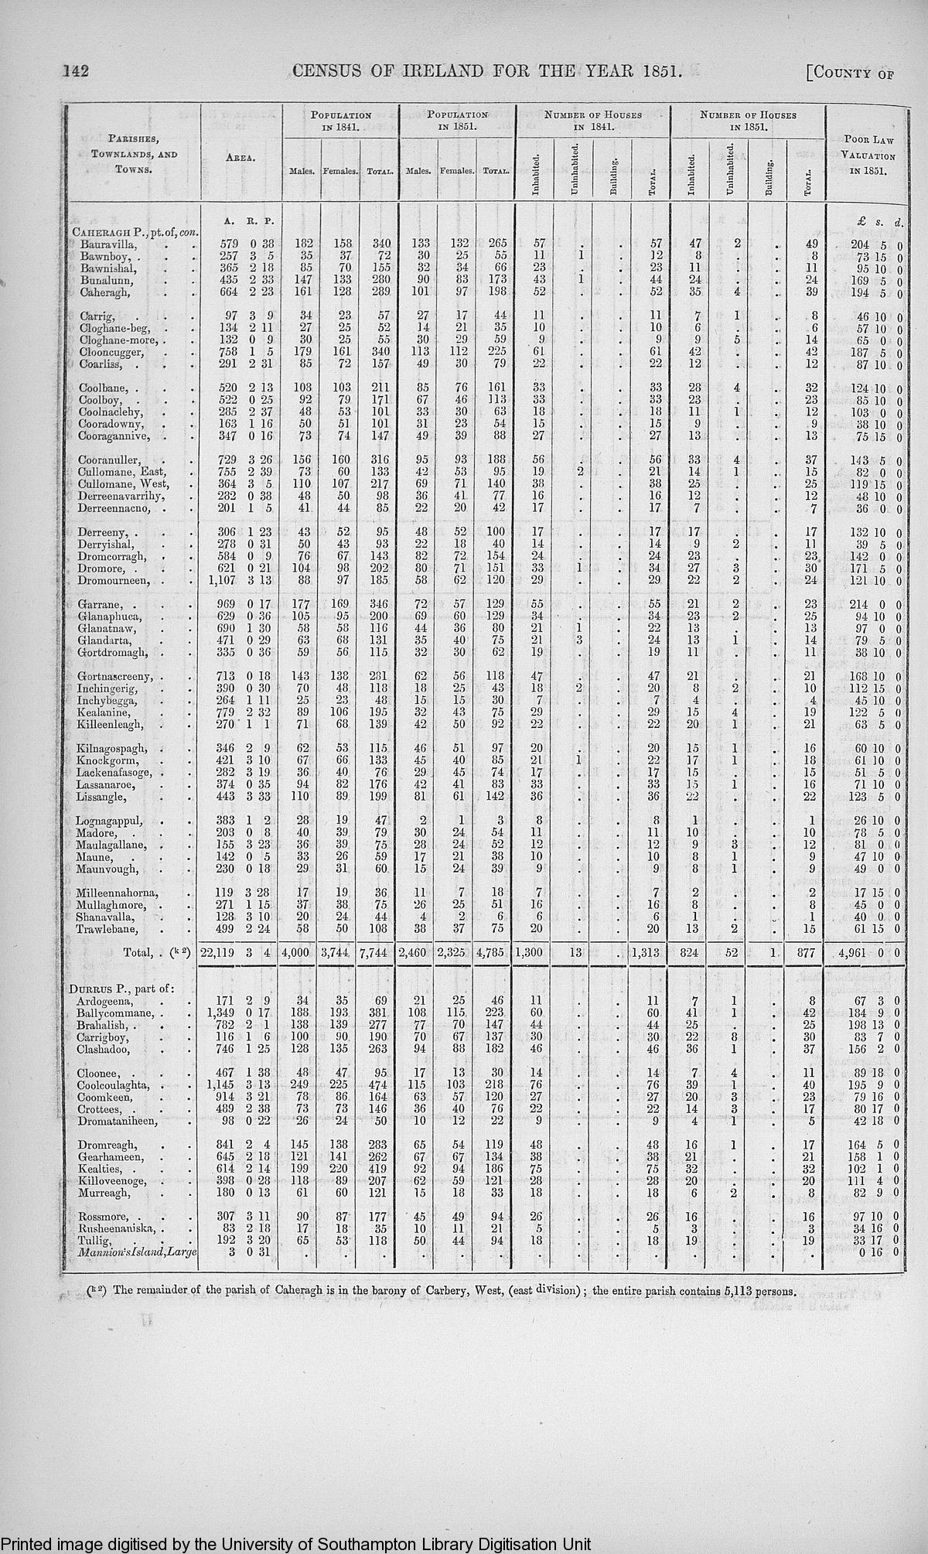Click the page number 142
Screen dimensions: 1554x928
(77, 72)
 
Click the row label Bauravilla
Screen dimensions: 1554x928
(107, 244)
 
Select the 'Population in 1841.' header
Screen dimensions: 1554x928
(341, 121)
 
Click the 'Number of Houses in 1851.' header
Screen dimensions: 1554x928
(748, 121)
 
